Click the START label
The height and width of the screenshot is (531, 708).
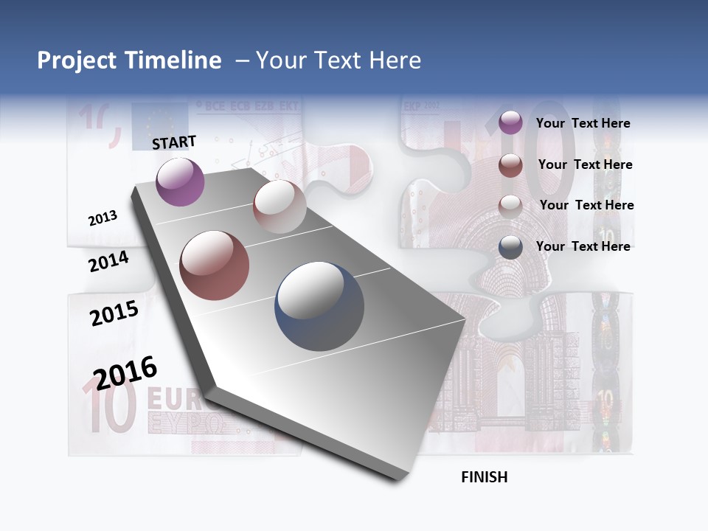point(174,142)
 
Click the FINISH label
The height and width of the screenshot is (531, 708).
point(484,477)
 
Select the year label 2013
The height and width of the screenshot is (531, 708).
point(103,218)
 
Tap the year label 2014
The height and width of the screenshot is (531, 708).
point(108,262)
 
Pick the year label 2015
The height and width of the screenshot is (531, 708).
point(114,313)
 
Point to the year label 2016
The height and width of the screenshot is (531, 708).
point(125,372)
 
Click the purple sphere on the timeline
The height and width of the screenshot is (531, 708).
point(180,181)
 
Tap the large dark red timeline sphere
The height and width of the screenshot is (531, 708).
point(215,265)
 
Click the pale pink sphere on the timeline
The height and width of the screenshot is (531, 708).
point(280,206)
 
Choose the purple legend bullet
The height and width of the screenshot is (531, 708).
point(510,123)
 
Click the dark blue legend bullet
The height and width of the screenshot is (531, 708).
point(510,247)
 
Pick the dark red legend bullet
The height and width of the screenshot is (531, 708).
point(510,165)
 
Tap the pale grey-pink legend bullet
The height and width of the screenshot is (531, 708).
point(510,206)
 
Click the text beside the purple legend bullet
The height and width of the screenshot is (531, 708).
point(583,123)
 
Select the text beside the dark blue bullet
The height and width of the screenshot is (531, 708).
point(583,246)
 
